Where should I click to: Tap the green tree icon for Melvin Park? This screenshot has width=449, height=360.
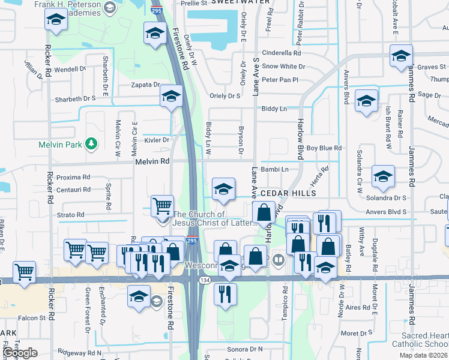coord(91,143)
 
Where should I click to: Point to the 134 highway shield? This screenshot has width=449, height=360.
coord(206,280)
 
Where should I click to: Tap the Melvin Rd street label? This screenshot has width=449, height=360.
coord(152,161)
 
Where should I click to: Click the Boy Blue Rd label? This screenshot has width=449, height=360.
coord(324,148)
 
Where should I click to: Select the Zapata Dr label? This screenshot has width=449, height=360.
coord(145,85)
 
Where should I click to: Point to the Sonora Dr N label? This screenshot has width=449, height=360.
coord(244,349)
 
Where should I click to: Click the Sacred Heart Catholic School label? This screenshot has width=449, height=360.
coord(420,339)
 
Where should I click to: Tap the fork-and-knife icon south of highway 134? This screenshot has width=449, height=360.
coord(226,293)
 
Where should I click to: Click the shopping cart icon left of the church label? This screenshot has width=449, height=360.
coord(162,206)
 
